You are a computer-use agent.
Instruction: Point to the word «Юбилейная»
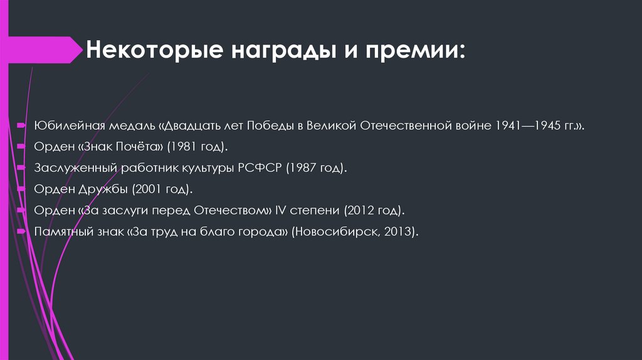(x=64, y=125)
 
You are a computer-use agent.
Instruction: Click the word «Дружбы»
(x=98, y=189)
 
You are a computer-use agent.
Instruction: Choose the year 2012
(x=358, y=209)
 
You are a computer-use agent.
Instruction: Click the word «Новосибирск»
(x=337, y=231)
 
